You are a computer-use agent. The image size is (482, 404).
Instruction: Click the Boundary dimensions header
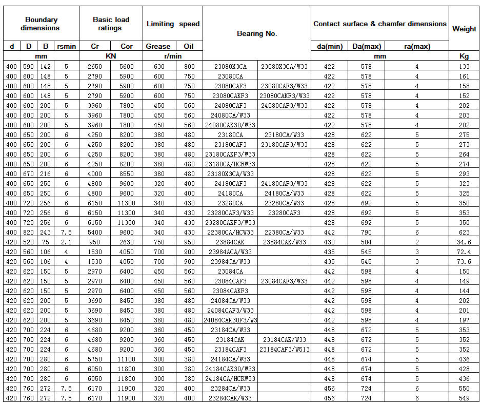point(40,24)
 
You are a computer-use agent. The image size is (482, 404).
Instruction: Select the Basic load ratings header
point(111,24)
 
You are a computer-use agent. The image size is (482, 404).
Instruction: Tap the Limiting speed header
point(173,24)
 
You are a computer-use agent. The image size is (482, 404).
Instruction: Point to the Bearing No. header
point(256,33)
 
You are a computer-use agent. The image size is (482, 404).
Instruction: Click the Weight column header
point(464,29)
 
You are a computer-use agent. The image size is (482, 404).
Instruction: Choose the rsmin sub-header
point(67,46)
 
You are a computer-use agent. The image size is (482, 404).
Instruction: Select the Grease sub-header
point(158,46)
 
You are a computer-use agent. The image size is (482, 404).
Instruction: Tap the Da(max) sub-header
point(366,46)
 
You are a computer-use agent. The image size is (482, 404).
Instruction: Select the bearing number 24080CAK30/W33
point(230,125)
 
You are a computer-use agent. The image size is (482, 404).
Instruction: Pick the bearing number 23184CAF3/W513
point(284,349)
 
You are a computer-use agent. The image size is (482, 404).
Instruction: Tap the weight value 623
point(464,232)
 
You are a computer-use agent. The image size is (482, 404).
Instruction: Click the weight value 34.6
point(464,242)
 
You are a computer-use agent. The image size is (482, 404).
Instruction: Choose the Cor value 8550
point(126,174)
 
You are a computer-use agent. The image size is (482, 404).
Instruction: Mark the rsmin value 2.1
point(67,242)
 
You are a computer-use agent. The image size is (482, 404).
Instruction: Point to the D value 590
point(29,66)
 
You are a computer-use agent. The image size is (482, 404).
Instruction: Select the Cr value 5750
point(95,359)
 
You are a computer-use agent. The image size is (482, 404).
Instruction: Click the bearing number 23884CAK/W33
point(284,242)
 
